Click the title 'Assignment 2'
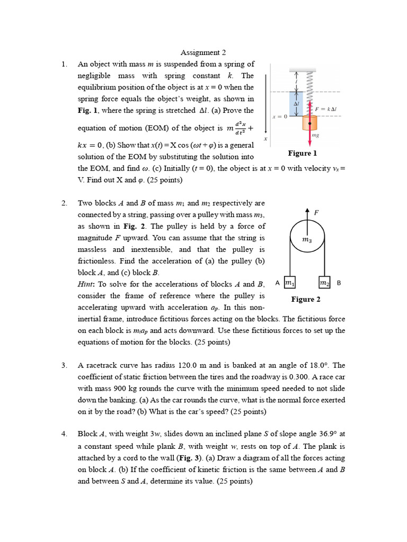coord(203,52)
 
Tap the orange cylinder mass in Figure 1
coord(309,123)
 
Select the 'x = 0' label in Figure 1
coord(279,116)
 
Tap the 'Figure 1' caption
coord(302,153)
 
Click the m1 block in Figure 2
coord(289,284)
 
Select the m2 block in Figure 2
coord(324,284)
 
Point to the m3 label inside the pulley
coord(307,240)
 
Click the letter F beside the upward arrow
coord(316,212)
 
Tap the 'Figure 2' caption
coord(306,300)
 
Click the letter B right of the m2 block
coord(339,284)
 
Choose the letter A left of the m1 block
coord(277,284)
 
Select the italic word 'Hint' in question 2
coord(87,284)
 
